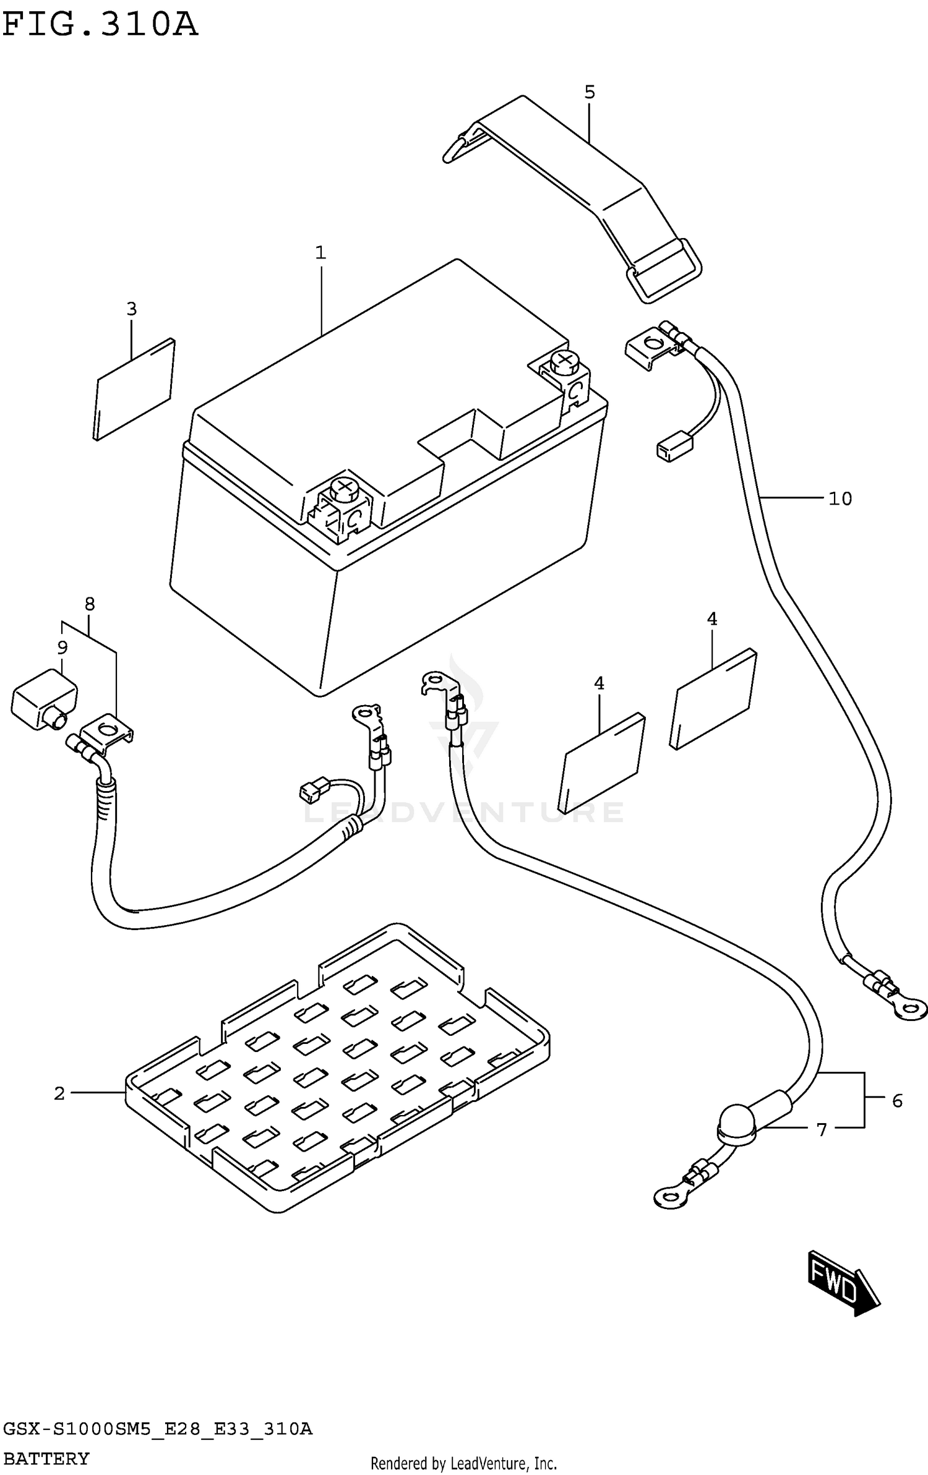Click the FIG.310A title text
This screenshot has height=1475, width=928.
[x=100, y=25]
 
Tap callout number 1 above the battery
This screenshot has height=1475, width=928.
[x=320, y=252]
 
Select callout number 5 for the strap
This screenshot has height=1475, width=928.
[x=589, y=92]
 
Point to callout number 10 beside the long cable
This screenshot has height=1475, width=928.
[x=840, y=498]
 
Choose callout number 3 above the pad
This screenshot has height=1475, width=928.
[x=131, y=309]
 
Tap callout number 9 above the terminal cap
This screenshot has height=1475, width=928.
[x=62, y=648]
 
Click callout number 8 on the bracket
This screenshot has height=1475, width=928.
[x=90, y=604]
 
